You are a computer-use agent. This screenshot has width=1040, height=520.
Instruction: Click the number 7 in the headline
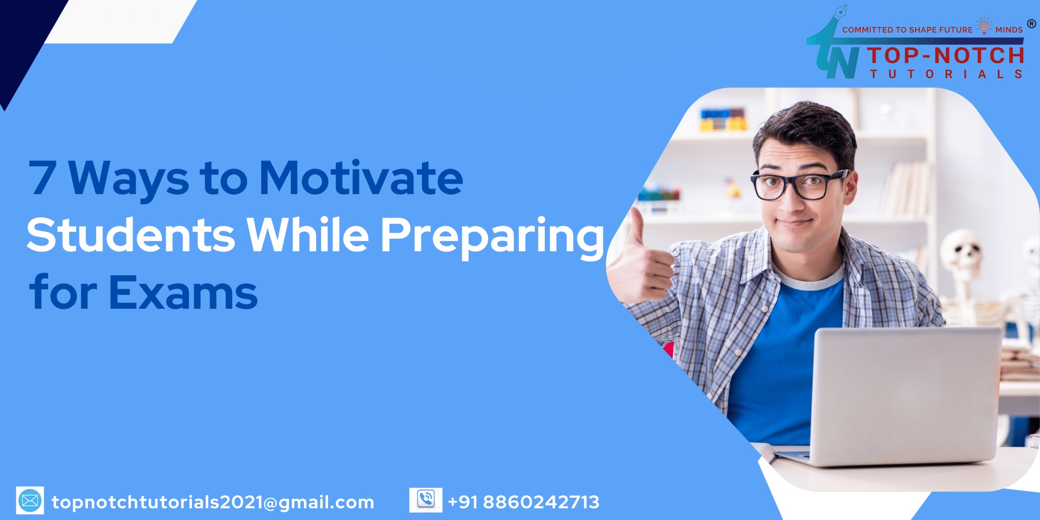tap(43, 178)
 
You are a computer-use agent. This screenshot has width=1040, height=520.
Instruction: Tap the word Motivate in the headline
tap(361, 177)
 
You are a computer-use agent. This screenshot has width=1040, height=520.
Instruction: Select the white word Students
tap(131, 234)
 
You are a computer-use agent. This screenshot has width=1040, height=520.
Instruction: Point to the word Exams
tap(183, 292)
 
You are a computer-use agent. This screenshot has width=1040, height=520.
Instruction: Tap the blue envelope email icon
tap(30, 500)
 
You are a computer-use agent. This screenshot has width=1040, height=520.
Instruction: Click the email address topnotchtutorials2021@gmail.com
tap(213, 502)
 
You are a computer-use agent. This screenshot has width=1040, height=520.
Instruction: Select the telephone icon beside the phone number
tap(426, 500)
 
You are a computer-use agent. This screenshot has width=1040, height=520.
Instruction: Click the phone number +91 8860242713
tap(524, 502)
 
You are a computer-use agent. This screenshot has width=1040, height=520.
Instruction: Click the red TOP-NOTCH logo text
tap(945, 55)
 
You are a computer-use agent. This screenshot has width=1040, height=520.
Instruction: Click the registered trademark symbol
tap(1031, 24)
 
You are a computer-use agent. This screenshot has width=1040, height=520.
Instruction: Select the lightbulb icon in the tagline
tap(984, 25)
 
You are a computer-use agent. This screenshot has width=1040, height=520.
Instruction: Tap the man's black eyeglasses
tap(800, 185)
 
